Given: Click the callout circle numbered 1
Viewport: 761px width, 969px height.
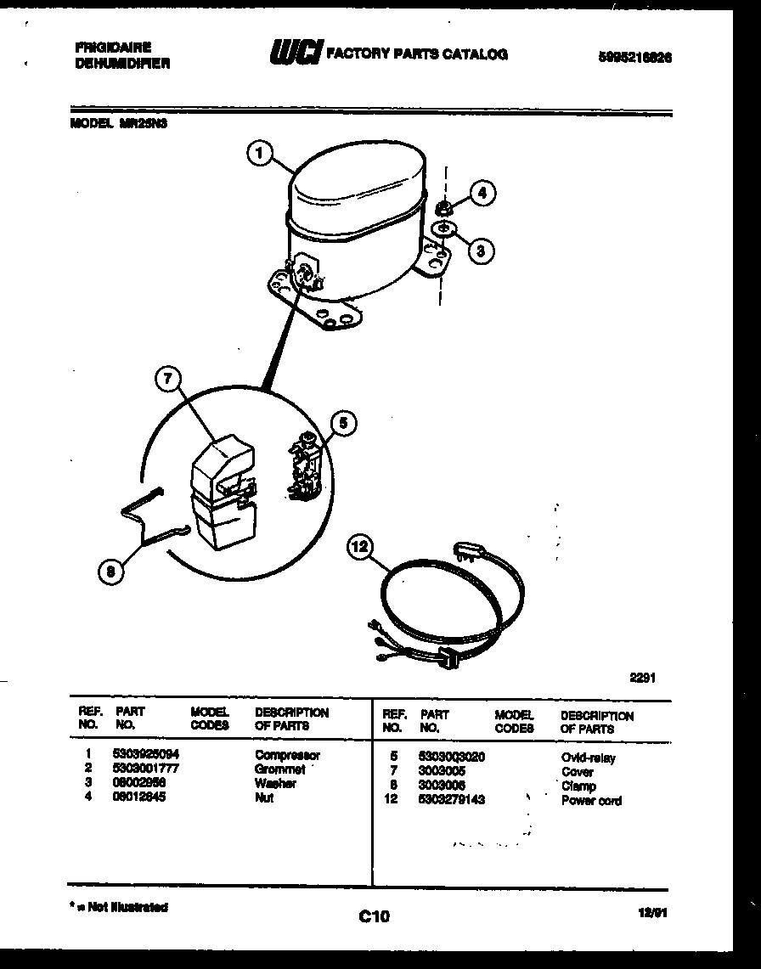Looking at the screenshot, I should coord(261,154).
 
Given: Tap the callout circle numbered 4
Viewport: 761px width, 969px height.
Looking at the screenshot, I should coord(482,193).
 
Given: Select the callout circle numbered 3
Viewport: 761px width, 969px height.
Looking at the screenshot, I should coord(481,250).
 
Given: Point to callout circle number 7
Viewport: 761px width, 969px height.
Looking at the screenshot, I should coord(168,380).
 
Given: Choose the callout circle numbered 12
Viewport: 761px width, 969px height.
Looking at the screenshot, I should coord(360,548).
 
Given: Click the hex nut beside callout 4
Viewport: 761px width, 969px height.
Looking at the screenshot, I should coord(443,206).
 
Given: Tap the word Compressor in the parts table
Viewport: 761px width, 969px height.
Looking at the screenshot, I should coord(287,754).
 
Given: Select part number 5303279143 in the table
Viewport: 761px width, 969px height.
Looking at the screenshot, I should coord(452,800).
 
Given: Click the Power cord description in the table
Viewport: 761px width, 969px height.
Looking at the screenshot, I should coord(591,801).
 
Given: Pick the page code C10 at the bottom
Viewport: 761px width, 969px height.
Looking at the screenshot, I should coord(373,915).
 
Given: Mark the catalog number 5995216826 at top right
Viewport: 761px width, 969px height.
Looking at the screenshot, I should coord(635,58).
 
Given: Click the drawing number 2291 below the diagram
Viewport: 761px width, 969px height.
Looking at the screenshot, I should coord(642,678).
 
